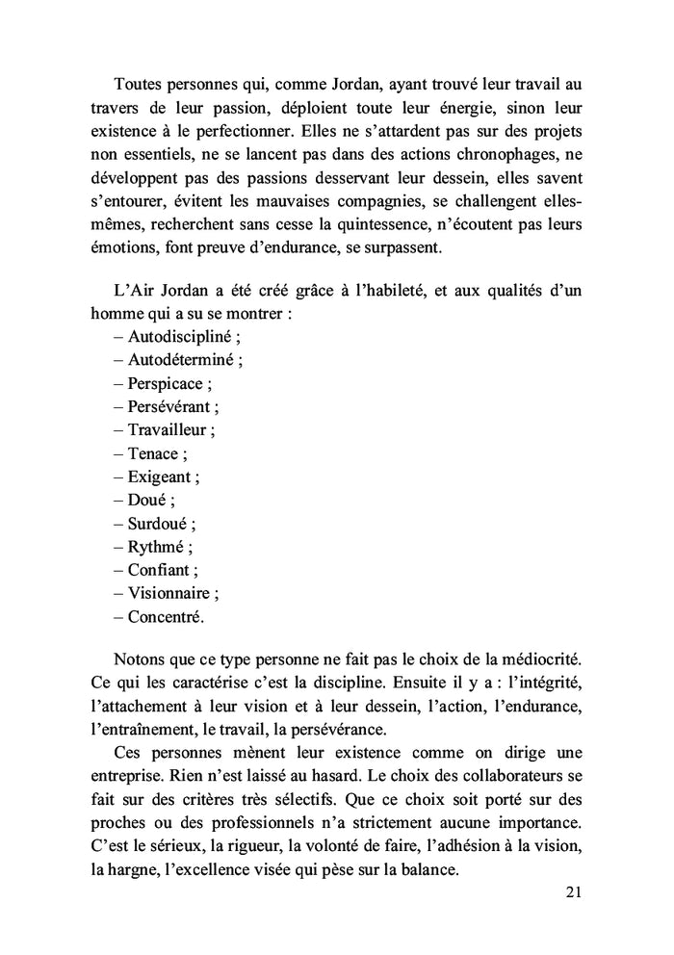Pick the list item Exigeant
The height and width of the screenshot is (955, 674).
click(163, 477)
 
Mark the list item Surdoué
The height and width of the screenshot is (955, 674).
click(161, 524)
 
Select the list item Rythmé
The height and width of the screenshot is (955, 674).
click(159, 547)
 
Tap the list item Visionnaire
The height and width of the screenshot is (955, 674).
click(173, 593)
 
